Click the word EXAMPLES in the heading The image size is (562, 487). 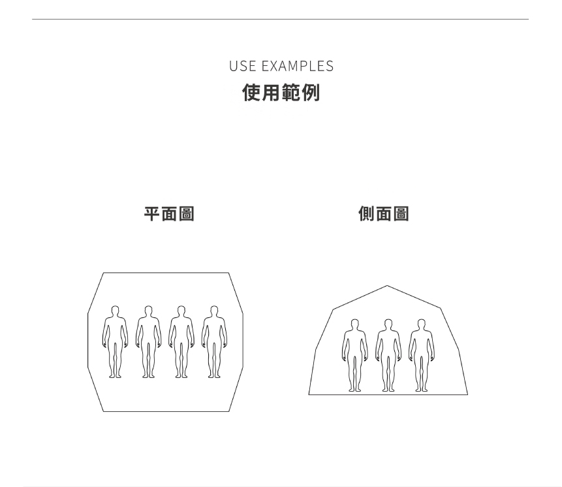point(297,66)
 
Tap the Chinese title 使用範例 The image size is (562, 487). point(281,93)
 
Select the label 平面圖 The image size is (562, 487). point(169,213)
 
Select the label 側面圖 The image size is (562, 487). point(384,213)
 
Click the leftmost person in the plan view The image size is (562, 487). point(115,341)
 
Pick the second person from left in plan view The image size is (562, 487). point(148,341)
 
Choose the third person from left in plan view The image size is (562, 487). point(181,341)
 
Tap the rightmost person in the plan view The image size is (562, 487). point(214,341)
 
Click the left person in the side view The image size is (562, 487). point(355,355)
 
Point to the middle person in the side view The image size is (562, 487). point(388,355)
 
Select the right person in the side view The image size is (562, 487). point(421,355)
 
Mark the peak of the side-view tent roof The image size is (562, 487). point(387,286)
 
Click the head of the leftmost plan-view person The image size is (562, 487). point(115,311)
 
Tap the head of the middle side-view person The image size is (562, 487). point(388,324)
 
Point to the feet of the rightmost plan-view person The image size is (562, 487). point(214,375)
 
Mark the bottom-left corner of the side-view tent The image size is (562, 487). point(309,394)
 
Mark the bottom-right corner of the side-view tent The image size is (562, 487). point(467,394)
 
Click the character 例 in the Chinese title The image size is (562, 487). point(311,93)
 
